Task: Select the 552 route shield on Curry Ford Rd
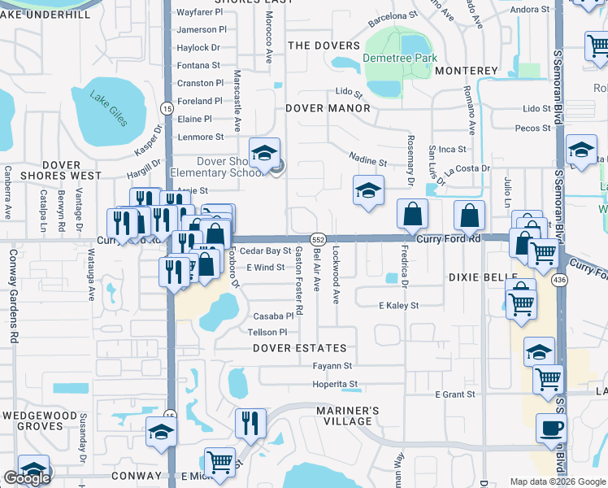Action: point(318,239)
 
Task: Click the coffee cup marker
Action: point(550,428)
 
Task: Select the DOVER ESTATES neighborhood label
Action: point(293,348)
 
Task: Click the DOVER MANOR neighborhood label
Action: point(328,107)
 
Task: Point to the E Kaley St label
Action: point(398,305)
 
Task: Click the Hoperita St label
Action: point(336,384)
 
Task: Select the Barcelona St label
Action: point(391,15)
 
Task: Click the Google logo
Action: point(27,478)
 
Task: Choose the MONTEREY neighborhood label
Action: point(466,71)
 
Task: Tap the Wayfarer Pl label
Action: point(199,12)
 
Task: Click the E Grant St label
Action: point(454,394)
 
